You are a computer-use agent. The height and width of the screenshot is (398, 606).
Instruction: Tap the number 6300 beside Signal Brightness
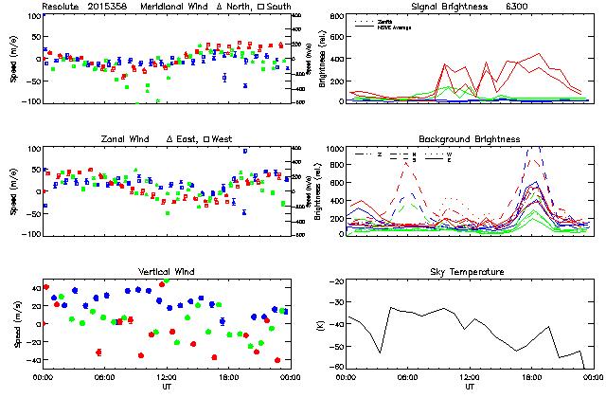click(x=517, y=7)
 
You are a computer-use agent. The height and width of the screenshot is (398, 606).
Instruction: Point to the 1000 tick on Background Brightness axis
click(x=332, y=149)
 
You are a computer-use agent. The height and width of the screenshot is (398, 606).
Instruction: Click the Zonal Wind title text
click(x=128, y=138)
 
